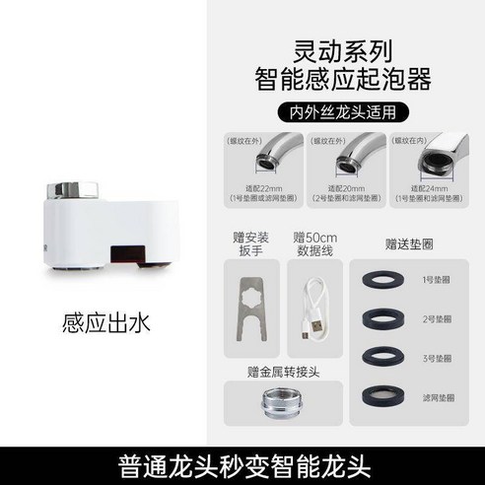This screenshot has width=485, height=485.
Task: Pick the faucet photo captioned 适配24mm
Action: click(x=425, y=159)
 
